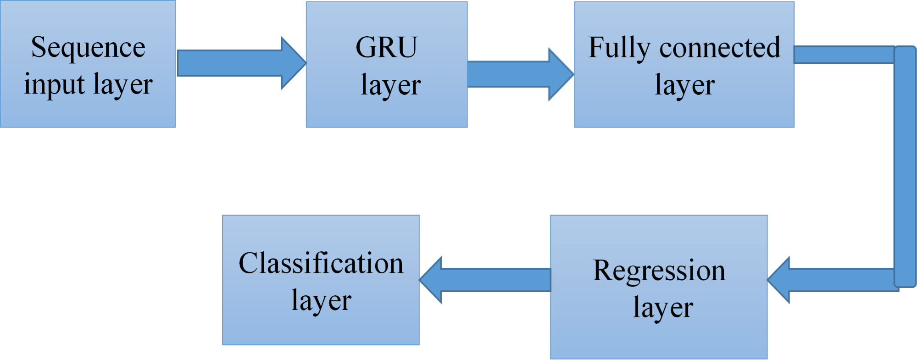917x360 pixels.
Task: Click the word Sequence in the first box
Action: click(88, 48)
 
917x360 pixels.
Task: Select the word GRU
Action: click(387, 48)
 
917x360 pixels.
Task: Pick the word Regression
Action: click(659, 271)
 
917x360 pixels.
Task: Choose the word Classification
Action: click(321, 264)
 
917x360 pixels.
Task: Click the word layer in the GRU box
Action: click(390, 85)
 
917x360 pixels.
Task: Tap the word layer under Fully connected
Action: click(684, 85)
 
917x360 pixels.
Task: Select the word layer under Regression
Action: click(663, 308)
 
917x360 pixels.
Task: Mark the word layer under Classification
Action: click(321, 301)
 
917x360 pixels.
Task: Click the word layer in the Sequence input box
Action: click(122, 85)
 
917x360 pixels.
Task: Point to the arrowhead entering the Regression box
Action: click(780, 280)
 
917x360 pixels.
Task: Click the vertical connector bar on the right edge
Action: click(905, 165)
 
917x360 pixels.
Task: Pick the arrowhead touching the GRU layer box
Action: click(294, 63)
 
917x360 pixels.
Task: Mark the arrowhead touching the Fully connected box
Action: click(561, 74)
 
